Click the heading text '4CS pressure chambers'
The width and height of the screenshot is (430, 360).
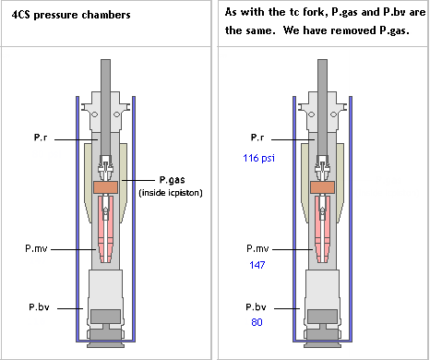point(71,15)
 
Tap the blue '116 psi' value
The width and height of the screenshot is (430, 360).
point(258,158)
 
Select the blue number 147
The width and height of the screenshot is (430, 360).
point(257,265)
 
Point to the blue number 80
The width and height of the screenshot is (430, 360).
point(257,322)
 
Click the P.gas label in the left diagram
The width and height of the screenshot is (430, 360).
point(172,180)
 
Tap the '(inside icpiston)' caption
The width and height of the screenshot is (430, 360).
point(171,193)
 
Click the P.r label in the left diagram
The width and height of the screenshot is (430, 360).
point(41,138)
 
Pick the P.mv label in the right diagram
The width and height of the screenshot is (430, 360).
point(257,248)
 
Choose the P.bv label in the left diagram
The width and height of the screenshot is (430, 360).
point(39,307)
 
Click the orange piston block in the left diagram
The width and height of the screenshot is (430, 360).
point(105,187)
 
